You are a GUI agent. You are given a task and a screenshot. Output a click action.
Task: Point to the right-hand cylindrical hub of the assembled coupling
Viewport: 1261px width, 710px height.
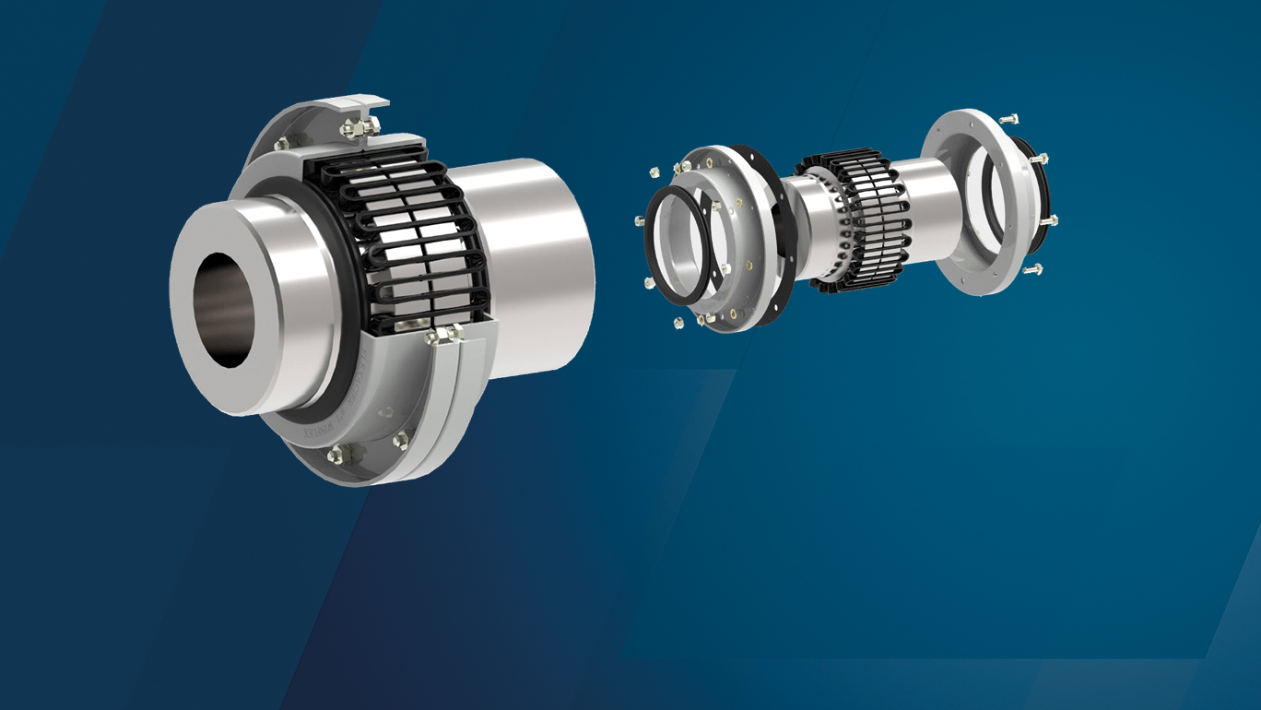click(535, 267)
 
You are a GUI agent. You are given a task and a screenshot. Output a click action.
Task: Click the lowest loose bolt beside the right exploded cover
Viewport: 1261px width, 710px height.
click(1031, 269)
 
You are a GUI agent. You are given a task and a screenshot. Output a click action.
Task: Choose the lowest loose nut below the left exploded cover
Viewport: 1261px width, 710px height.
click(680, 322)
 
